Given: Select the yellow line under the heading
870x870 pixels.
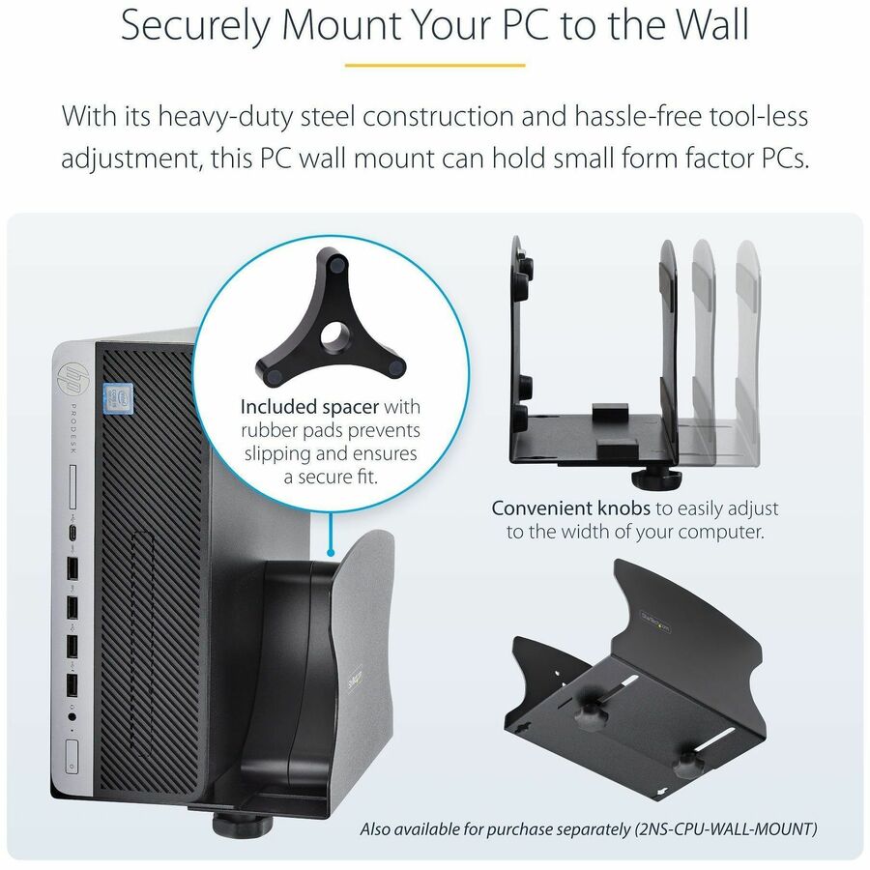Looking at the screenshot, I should (x=435, y=66).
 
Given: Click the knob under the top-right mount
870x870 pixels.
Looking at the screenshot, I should (x=642, y=477).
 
